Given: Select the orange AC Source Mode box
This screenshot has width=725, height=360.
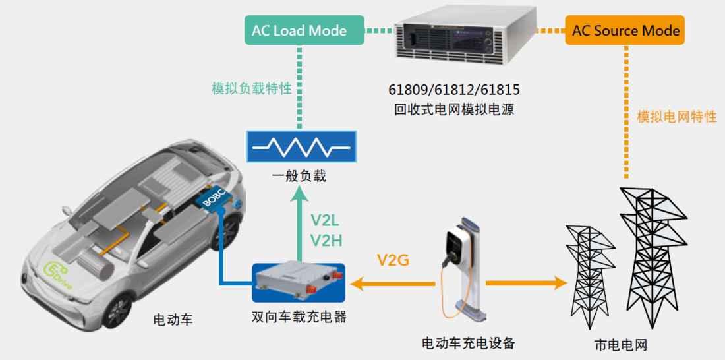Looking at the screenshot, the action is (625, 31).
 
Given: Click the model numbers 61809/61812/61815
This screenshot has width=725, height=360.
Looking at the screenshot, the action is (455, 89).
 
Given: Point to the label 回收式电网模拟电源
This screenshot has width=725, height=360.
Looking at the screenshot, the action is (455, 110).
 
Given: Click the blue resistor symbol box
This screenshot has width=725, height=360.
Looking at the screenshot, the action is (301, 146).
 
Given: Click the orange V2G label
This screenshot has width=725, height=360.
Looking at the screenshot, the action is (393, 260).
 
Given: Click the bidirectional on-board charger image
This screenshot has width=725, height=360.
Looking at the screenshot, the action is (298, 283).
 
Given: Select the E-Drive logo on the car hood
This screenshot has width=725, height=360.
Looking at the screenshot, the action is (59, 275).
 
